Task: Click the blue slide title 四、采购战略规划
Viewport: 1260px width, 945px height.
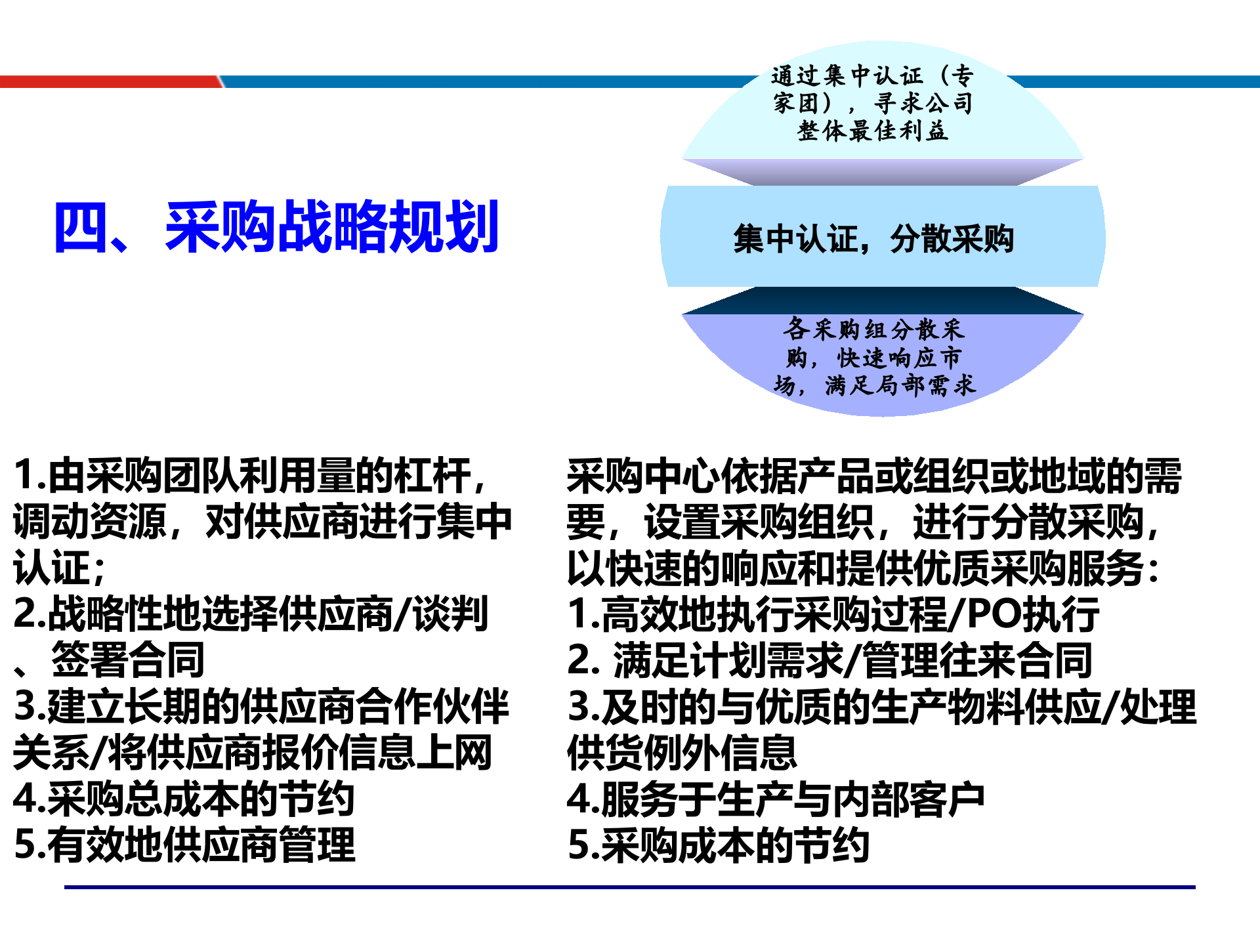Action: click(x=276, y=227)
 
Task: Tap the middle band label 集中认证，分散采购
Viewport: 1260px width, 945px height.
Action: click(x=873, y=238)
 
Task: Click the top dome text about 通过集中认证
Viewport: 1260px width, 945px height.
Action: click(x=872, y=103)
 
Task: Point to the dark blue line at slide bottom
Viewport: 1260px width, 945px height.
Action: click(x=630, y=887)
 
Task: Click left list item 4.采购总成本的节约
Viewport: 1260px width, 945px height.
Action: click(x=184, y=799)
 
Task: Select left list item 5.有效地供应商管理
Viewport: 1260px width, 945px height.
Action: click(x=184, y=845)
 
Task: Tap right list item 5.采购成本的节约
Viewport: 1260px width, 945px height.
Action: click(x=719, y=845)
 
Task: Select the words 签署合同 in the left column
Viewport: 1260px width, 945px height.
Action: click(x=128, y=660)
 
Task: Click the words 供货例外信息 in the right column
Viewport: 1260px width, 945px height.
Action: click(x=682, y=753)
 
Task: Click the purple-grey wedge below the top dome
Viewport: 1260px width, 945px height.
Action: click(x=883, y=172)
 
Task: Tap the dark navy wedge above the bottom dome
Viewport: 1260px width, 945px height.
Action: click(x=883, y=301)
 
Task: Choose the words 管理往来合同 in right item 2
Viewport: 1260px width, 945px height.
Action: click(x=977, y=660)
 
